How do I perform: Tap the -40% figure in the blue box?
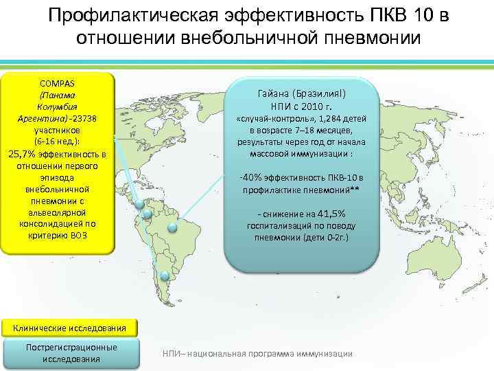pos(249,178)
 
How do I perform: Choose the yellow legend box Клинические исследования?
pos(59,327)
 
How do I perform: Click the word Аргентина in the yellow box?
pos(40,118)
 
